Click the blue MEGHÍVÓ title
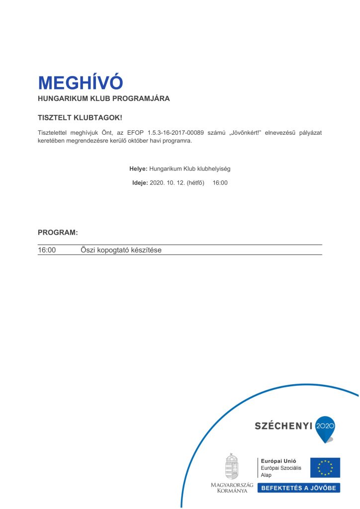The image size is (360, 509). (x=80, y=82)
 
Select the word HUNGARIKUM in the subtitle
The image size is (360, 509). (x=59, y=98)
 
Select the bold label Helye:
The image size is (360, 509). (x=138, y=169)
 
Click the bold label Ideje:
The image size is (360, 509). (x=140, y=183)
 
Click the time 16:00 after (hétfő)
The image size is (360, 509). (x=220, y=183)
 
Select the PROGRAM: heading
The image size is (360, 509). (x=58, y=232)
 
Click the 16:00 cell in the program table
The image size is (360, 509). (x=47, y=250)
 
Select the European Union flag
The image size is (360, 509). (x=325, y=467)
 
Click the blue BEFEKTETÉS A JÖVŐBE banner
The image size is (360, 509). (x=298, y=488)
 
